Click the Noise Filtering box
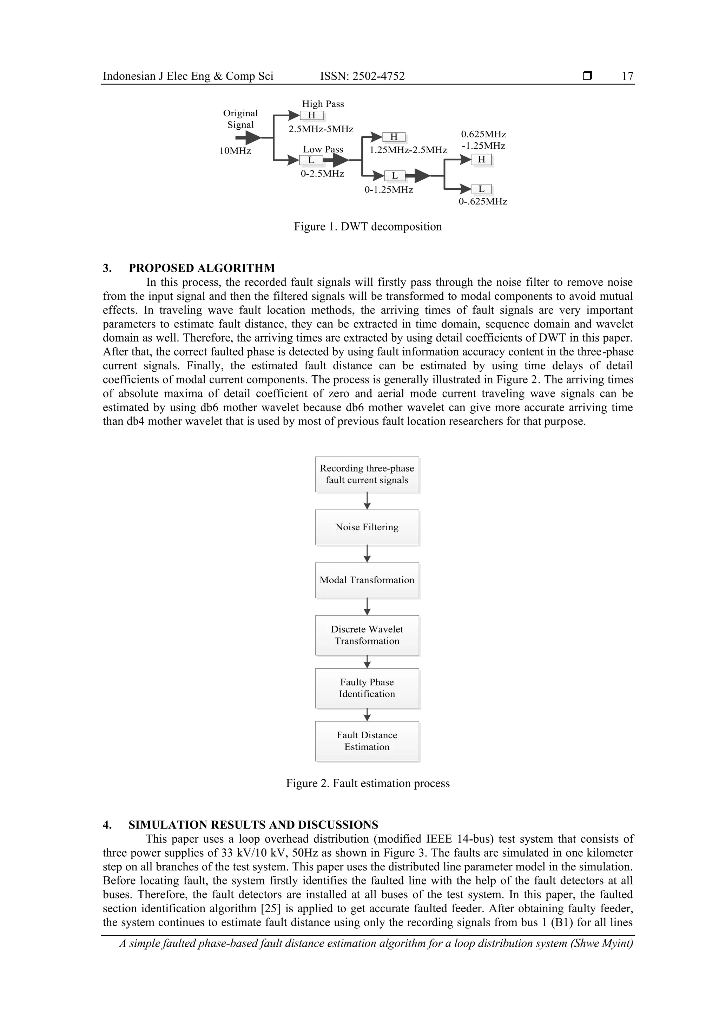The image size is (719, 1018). coord(367,527)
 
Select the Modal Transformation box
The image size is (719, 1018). coord(367,580)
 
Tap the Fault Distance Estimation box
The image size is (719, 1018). coord(367,741)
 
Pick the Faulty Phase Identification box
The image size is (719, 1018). coord(367,688)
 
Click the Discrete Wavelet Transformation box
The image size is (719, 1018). coord(367,635)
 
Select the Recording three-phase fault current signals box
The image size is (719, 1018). coord(367,474)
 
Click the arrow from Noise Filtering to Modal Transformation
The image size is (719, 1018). coord(367,554)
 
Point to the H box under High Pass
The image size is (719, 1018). coord(311,115)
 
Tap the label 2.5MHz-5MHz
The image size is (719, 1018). coord(321,129)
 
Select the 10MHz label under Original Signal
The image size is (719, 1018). coord(235,151)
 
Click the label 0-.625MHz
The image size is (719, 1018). coord(483,202)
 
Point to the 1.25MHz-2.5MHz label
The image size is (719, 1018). coord(408,150)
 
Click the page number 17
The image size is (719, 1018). coord(627,76)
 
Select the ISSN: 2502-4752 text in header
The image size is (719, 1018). coord(362,76)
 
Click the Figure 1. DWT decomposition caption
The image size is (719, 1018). coord(368,227)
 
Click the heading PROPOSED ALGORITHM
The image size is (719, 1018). coord(202,268)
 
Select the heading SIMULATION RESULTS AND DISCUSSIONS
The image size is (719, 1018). coord(253,825)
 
